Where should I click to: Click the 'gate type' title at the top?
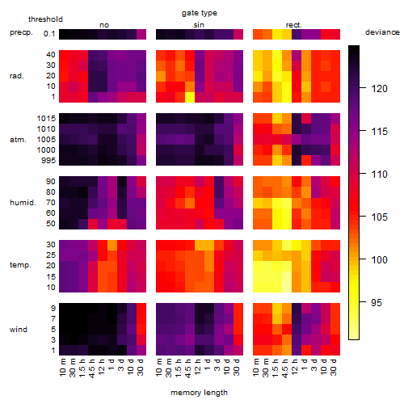(x=200, y=13)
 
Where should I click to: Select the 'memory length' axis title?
(x=199, y=393)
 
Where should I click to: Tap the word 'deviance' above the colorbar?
(x=382, y=32)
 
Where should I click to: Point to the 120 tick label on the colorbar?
(x=379, y=88)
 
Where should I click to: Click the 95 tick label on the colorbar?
(x=377, y=302)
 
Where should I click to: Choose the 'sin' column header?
(x=199, y=25)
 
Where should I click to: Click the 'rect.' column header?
(x=293, y=25)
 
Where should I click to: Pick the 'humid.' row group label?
(x=23, y=203)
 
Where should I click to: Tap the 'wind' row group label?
(x=19, y=330)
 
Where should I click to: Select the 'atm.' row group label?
(x=18, y=140)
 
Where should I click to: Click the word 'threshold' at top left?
(x=45, y=19)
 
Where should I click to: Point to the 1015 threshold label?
(x=46, y=119)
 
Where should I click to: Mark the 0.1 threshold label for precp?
(x=49, y=34)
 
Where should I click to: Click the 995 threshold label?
(x=48, y=161)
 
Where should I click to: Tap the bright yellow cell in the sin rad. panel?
(x=190, y=97)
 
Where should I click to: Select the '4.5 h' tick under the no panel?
(x=92, y=368)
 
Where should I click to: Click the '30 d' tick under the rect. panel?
(x=334, y=367)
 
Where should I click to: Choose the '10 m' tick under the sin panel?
(x=160, y=367)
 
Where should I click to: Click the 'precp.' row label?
(x=21, y=32)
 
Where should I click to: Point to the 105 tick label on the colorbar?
(x=379, y=217)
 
